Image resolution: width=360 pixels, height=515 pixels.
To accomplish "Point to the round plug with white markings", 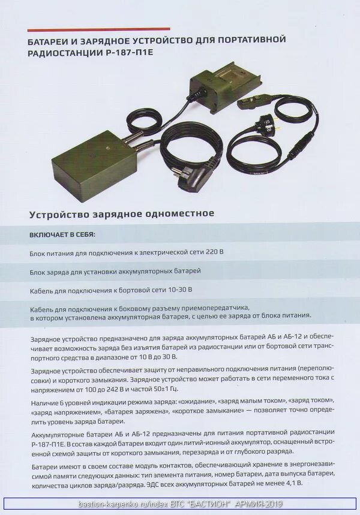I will [x=265, y=125].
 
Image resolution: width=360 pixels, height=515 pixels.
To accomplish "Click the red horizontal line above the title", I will [x=98, y=29].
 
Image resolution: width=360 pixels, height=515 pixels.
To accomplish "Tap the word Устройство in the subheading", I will [x=57, y=213].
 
